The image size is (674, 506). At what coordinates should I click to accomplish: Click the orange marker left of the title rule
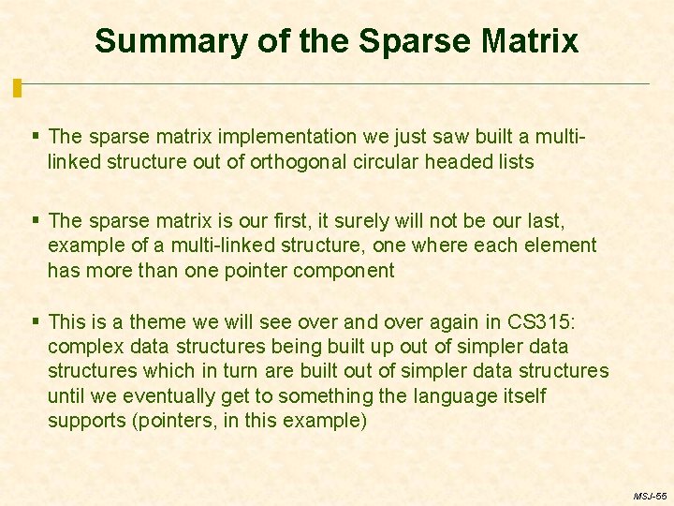point(17,88)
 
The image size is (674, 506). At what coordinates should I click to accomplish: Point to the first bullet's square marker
point(36,137)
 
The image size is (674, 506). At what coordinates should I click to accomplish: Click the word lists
point(514,161)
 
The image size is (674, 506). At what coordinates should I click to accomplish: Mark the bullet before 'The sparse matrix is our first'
point(36,220)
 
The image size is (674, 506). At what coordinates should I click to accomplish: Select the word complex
point(81,347)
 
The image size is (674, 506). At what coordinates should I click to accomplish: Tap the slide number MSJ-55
point(649,495)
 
